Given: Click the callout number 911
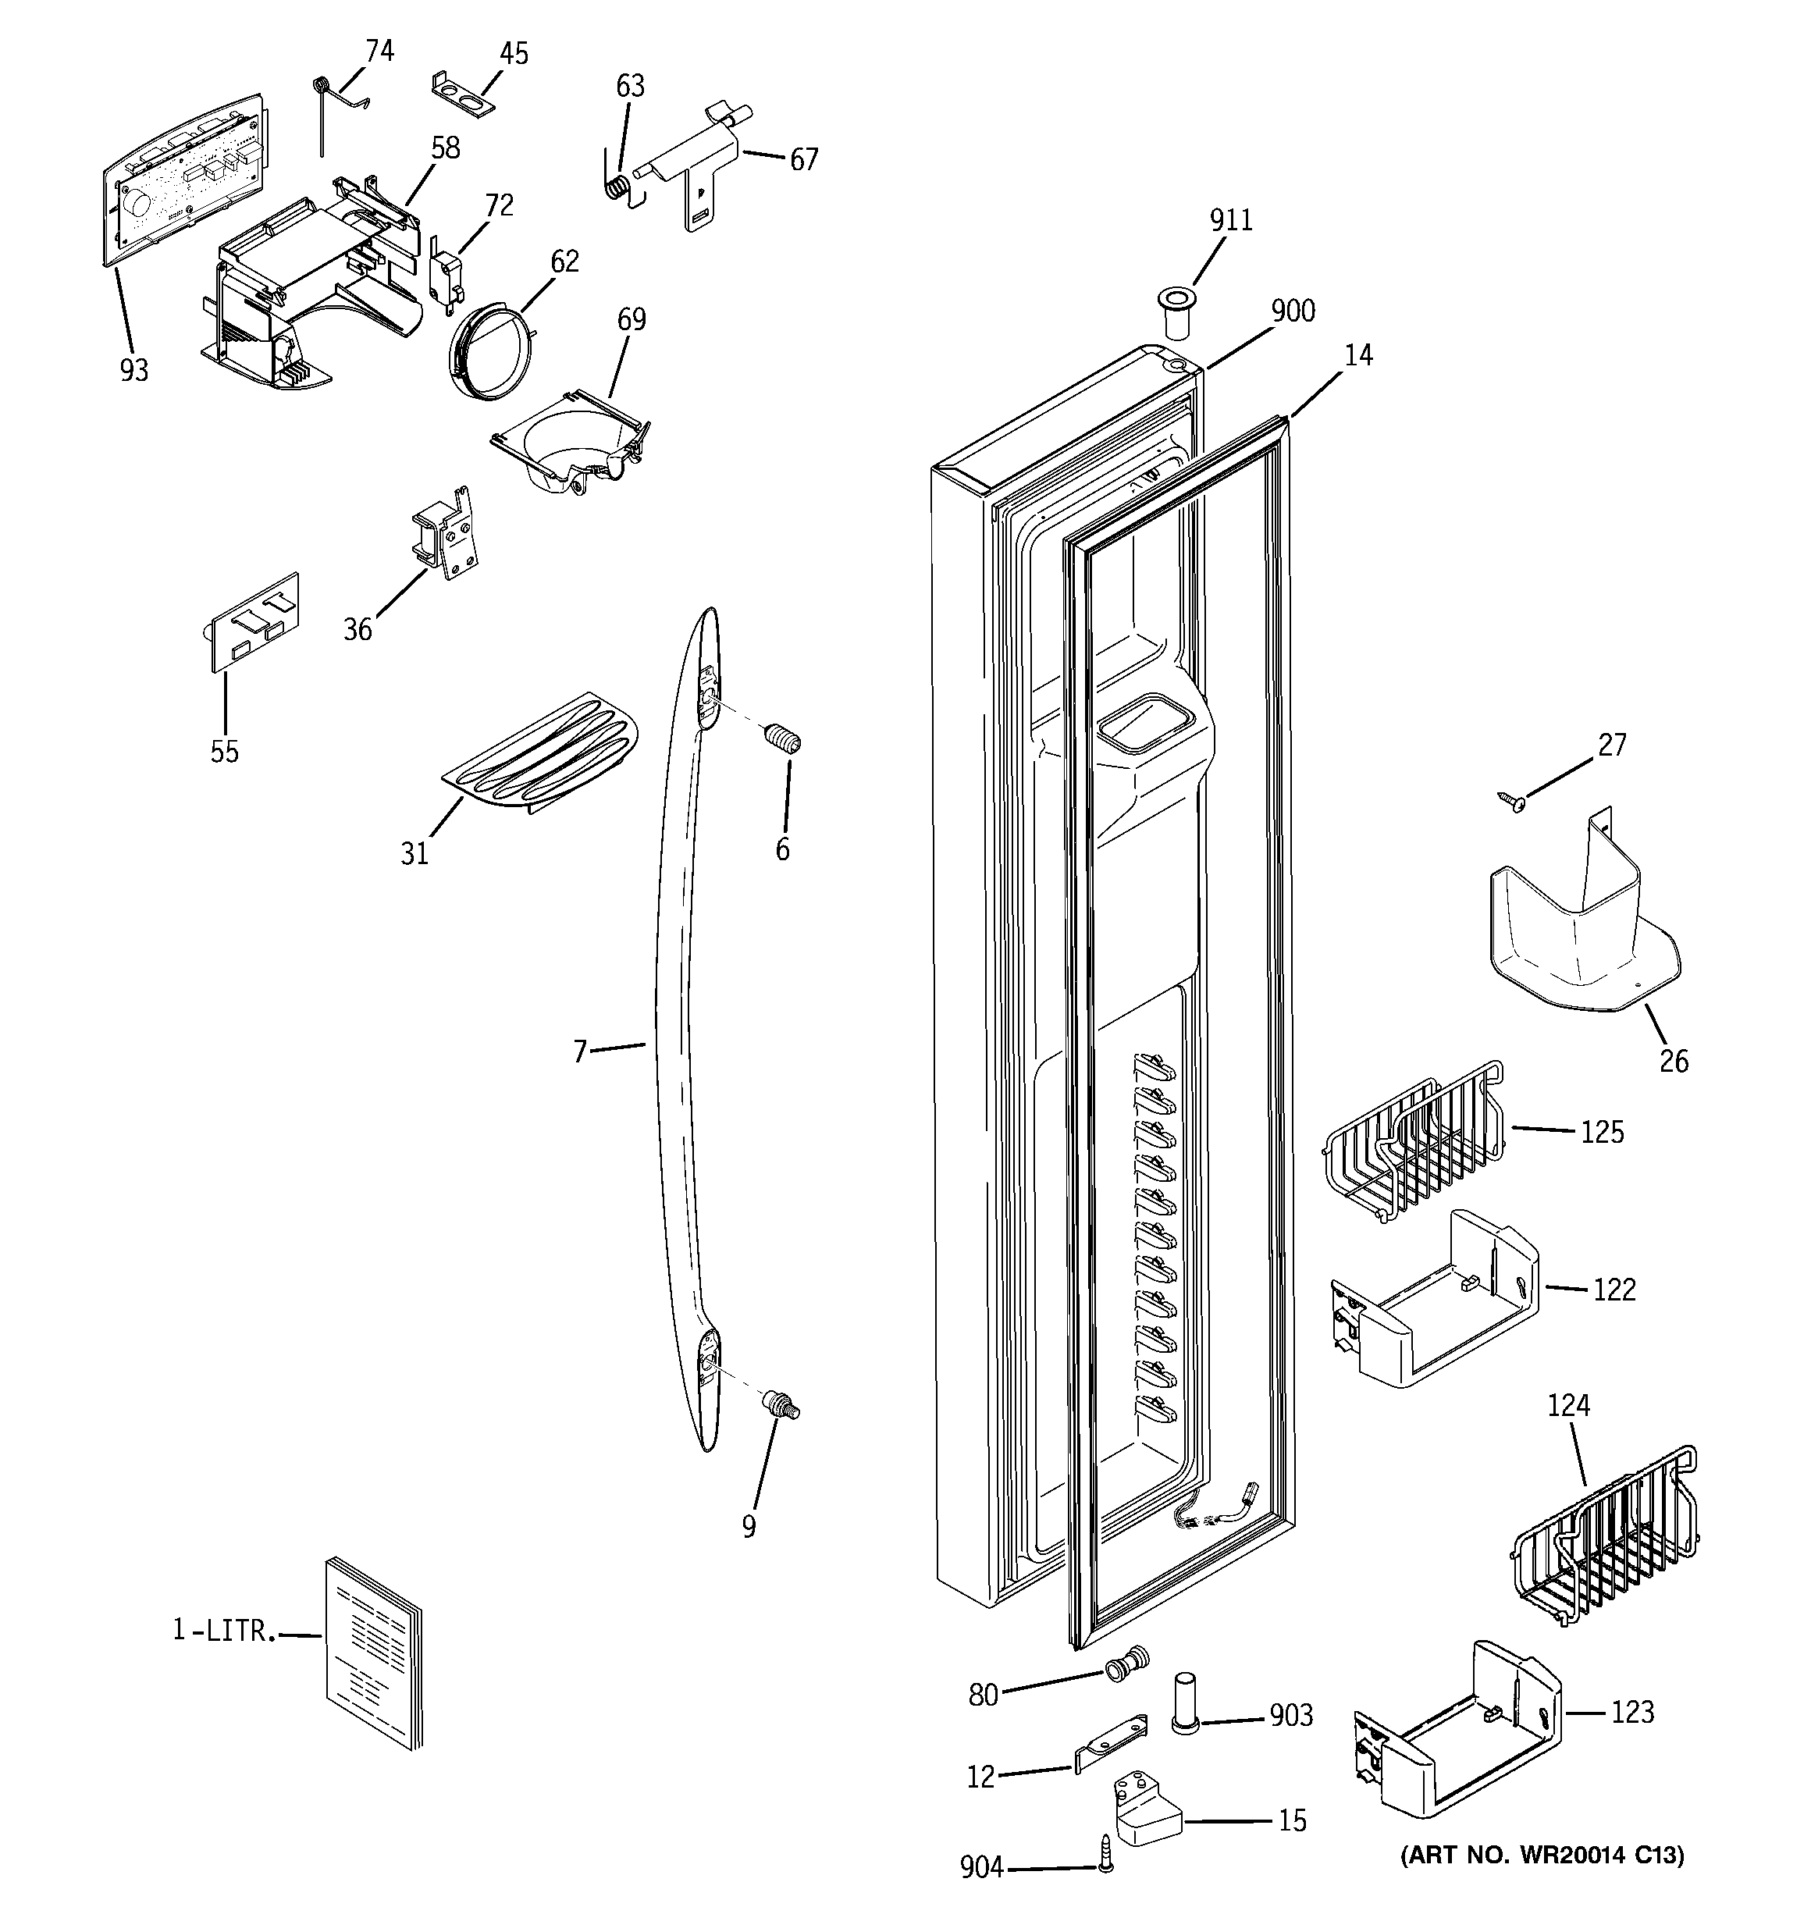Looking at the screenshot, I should click(x=1231, y=221).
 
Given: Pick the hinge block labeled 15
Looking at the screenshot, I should click(x=1146, y=1809).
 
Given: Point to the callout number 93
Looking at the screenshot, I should click(x=134, y=370).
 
